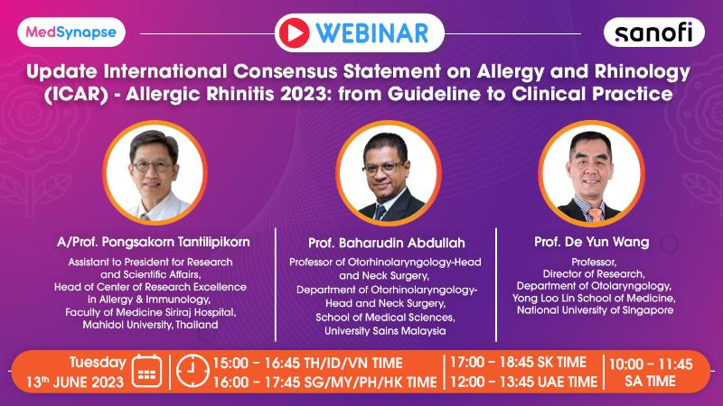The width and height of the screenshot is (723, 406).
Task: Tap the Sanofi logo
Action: pyautogui.click(x=653, y=33)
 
